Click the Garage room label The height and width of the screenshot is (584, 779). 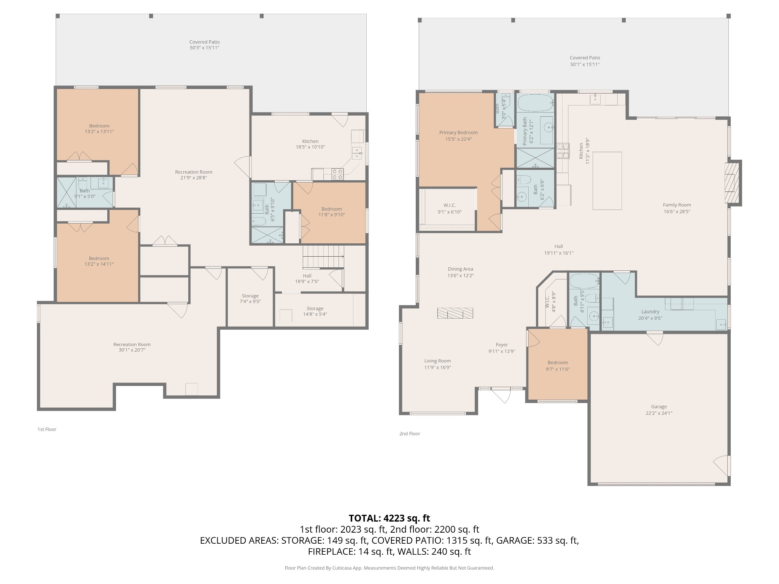point(659,410)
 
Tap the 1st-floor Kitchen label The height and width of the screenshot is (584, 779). point(310,144)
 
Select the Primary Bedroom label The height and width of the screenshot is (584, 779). point(458,136)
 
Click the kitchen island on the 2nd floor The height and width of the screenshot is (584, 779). point(607,181)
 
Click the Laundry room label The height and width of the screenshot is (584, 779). point(650,315)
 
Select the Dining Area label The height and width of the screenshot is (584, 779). point(460,272)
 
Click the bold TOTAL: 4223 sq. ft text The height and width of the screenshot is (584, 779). point(389,518)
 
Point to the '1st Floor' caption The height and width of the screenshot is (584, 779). point(47,429)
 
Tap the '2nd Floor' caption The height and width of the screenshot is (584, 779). point(410,433)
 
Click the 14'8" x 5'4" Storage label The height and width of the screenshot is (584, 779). point(315,311)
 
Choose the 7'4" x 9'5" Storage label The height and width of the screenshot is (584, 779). point(250,298)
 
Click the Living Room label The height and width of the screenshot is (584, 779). point(437,364)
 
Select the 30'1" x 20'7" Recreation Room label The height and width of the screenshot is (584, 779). point(132,347)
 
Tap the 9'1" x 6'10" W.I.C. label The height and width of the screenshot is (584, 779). point(450,209)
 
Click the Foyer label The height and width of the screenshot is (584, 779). point(502,348)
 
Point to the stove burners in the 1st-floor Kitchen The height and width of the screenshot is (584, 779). point(337,174)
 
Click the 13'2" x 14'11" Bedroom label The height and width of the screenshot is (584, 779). point(99,261)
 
